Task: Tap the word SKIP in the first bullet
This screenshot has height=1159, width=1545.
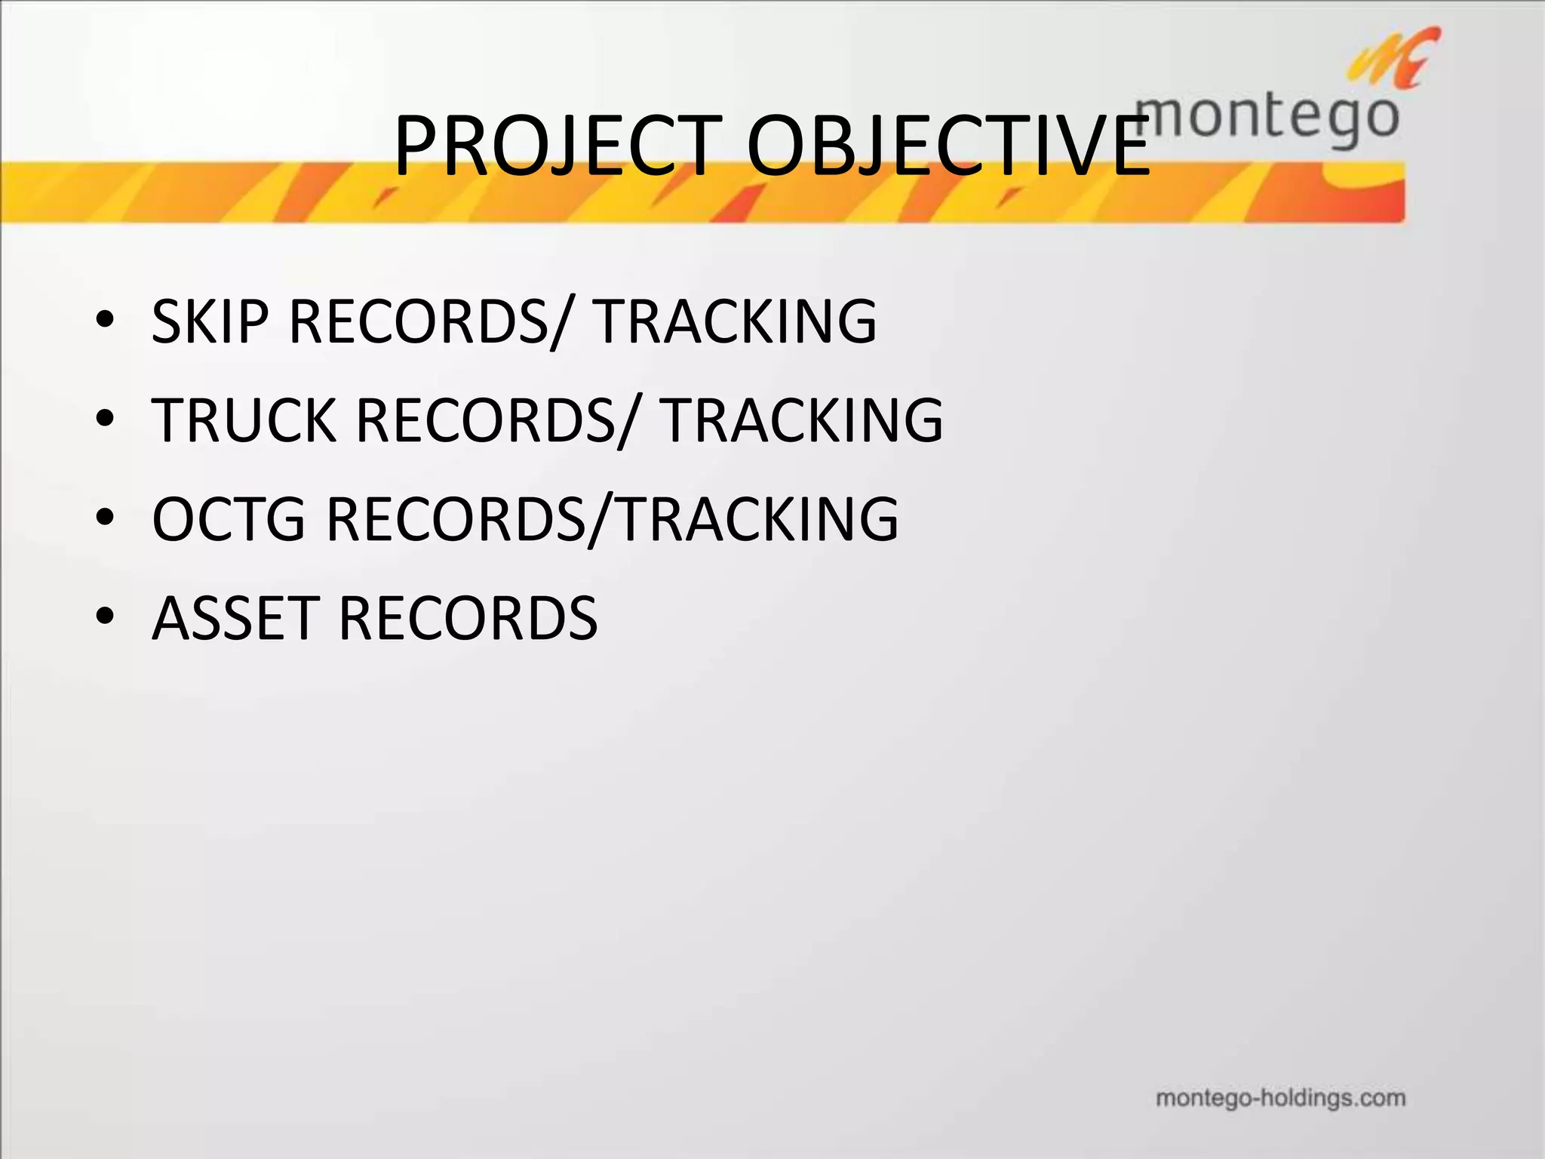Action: click(x=209, y=321)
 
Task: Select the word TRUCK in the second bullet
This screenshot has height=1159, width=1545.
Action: click(x=244, y=420)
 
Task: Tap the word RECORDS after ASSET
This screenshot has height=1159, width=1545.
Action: click(x=468, y=618)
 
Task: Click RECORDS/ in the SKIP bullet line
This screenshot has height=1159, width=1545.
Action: click(x=426, y=323)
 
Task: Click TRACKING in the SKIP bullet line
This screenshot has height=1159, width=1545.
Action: click(x=735, y=321)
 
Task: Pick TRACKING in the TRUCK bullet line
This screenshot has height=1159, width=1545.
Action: click(x=802, y=420)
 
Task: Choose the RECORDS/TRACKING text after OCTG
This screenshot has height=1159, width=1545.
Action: click(x=612, y=519)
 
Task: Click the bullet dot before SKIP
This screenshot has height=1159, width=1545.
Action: click(x=105, y=323)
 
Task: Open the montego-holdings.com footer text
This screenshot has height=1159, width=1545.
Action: click(x=1280, y=1097)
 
